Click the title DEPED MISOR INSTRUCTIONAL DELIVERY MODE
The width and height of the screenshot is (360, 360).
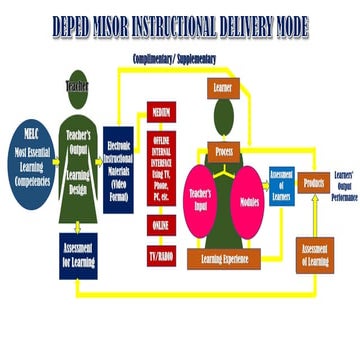pyautogui.click(x=180, y=23)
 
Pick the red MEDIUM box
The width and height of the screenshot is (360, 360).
pyautogui.click(x=159, y=112)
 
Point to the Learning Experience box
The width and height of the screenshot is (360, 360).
pyautogui.click(x=224, y=231)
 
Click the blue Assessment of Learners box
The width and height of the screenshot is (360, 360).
pyautogui.click(x=282, y=181)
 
